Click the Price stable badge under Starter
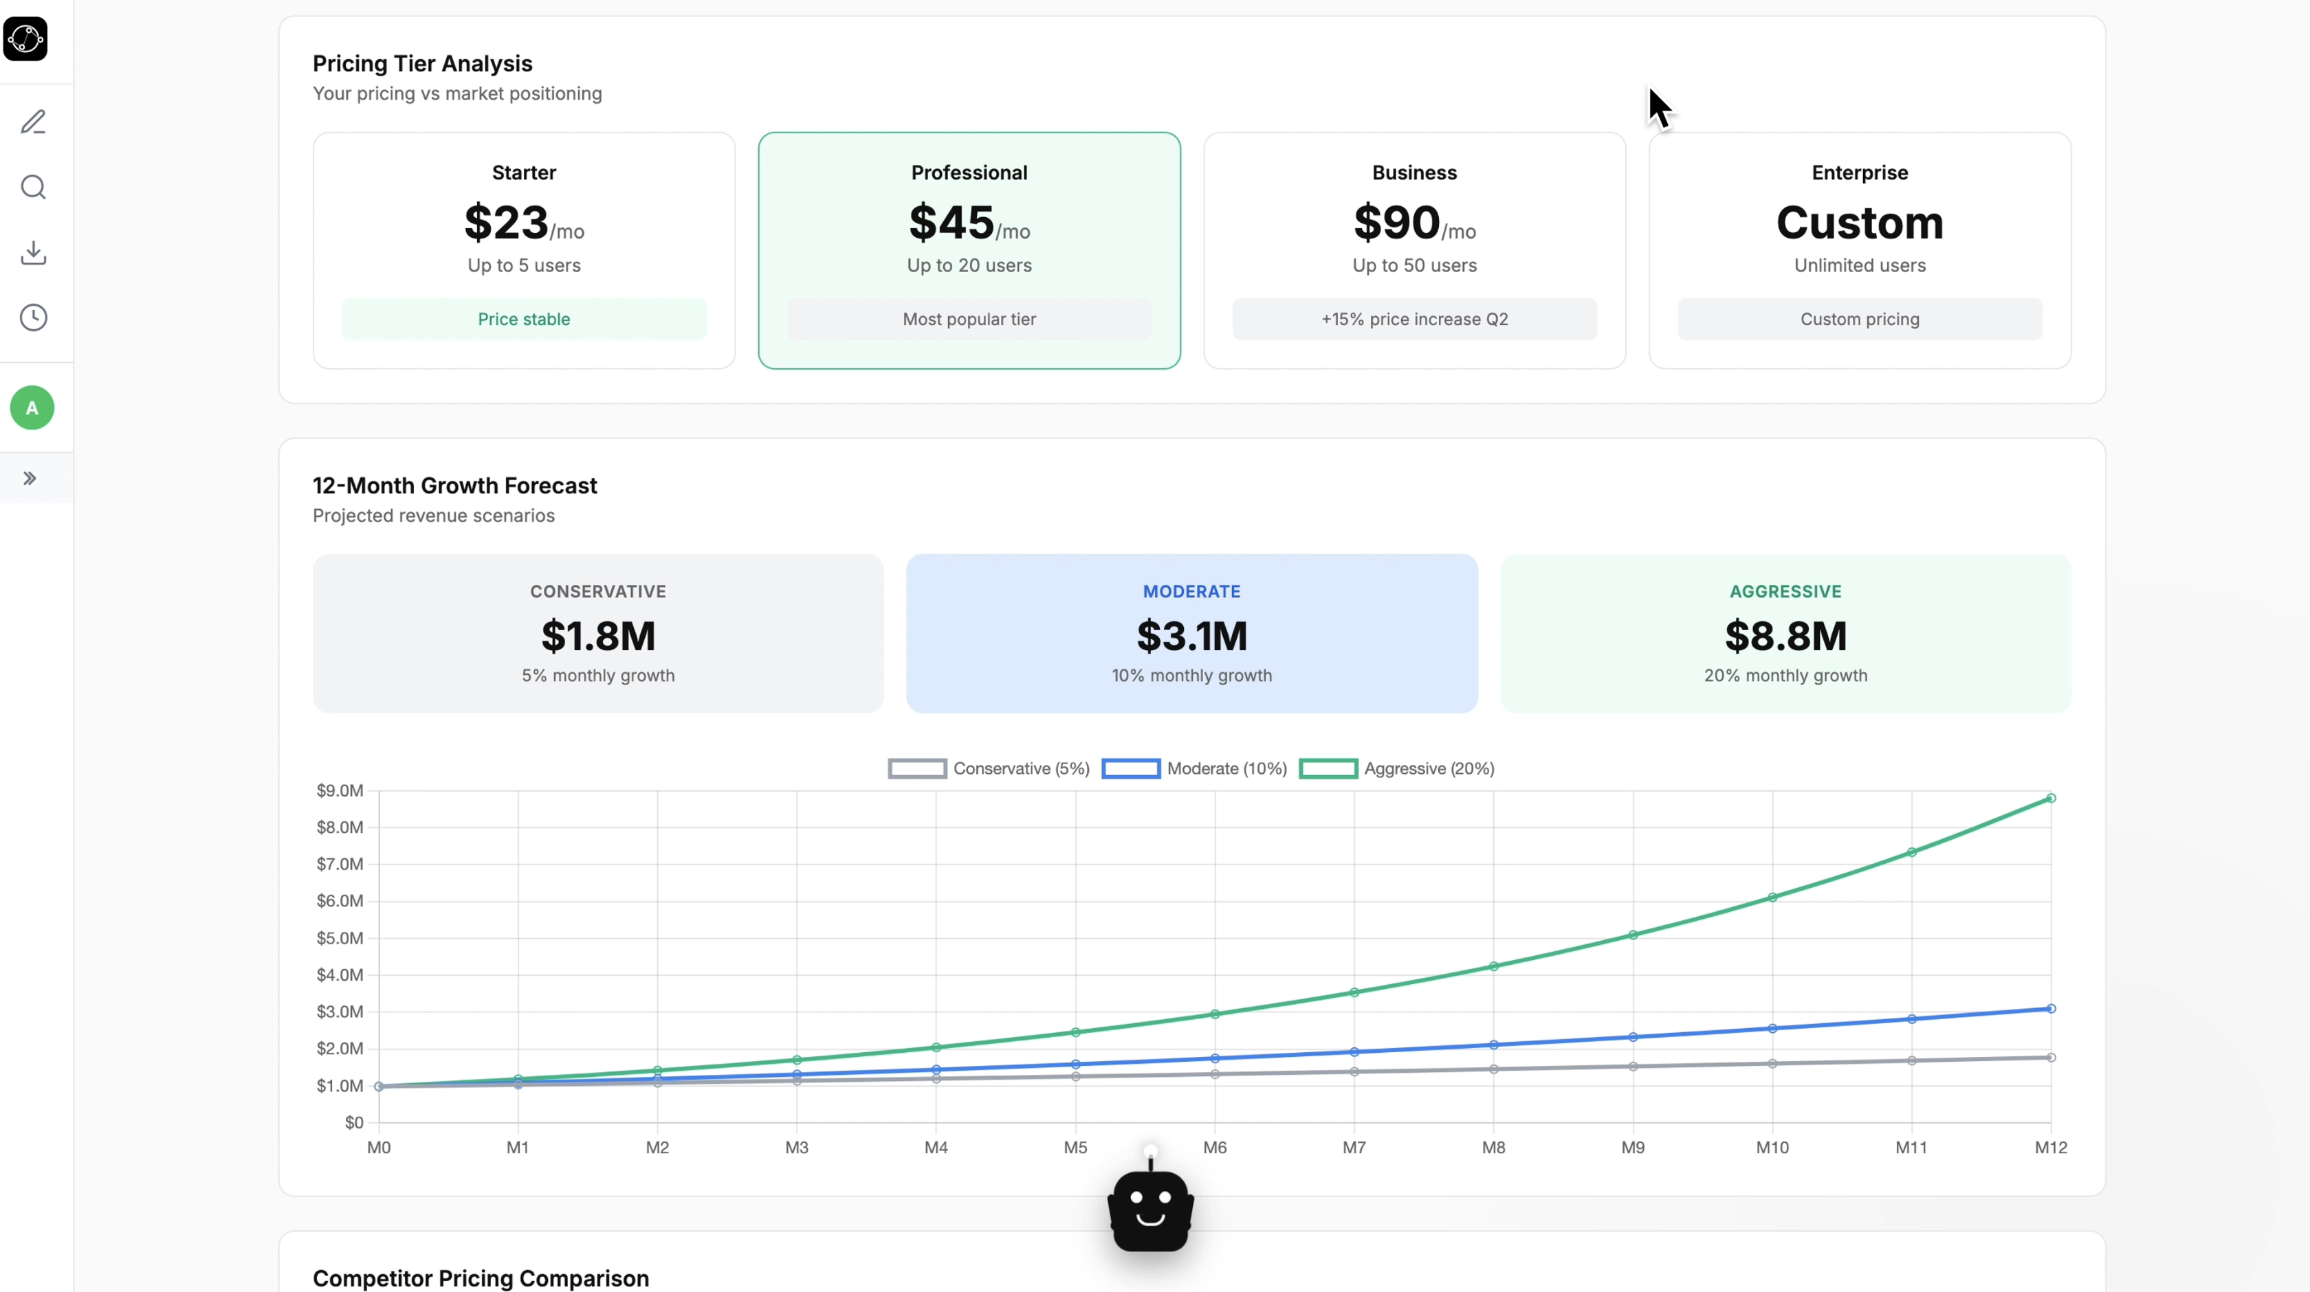[x=524, y=319]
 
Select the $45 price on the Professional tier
[x=951, y=223]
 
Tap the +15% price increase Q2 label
[x=1414, y=319]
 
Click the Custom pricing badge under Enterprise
[x=1859, y=319]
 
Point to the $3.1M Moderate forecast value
[x=1191, y=636]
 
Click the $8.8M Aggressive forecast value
[x=1785, y=636]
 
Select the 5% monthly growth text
[x=598, y=675]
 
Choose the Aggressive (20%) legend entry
[x=1396, y=768]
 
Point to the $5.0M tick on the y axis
[x=340, y=938]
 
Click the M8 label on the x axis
[x=1493, y=1148]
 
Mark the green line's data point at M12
[x=2050, y=798]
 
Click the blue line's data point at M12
[x=2050, y=1009]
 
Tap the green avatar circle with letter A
[x=32, y=408]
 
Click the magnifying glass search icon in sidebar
[x=33, y=188]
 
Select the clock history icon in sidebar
[x=33, y=318]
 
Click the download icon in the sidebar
[x=33, y=253]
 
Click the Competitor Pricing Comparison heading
[x=481, y=1278]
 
